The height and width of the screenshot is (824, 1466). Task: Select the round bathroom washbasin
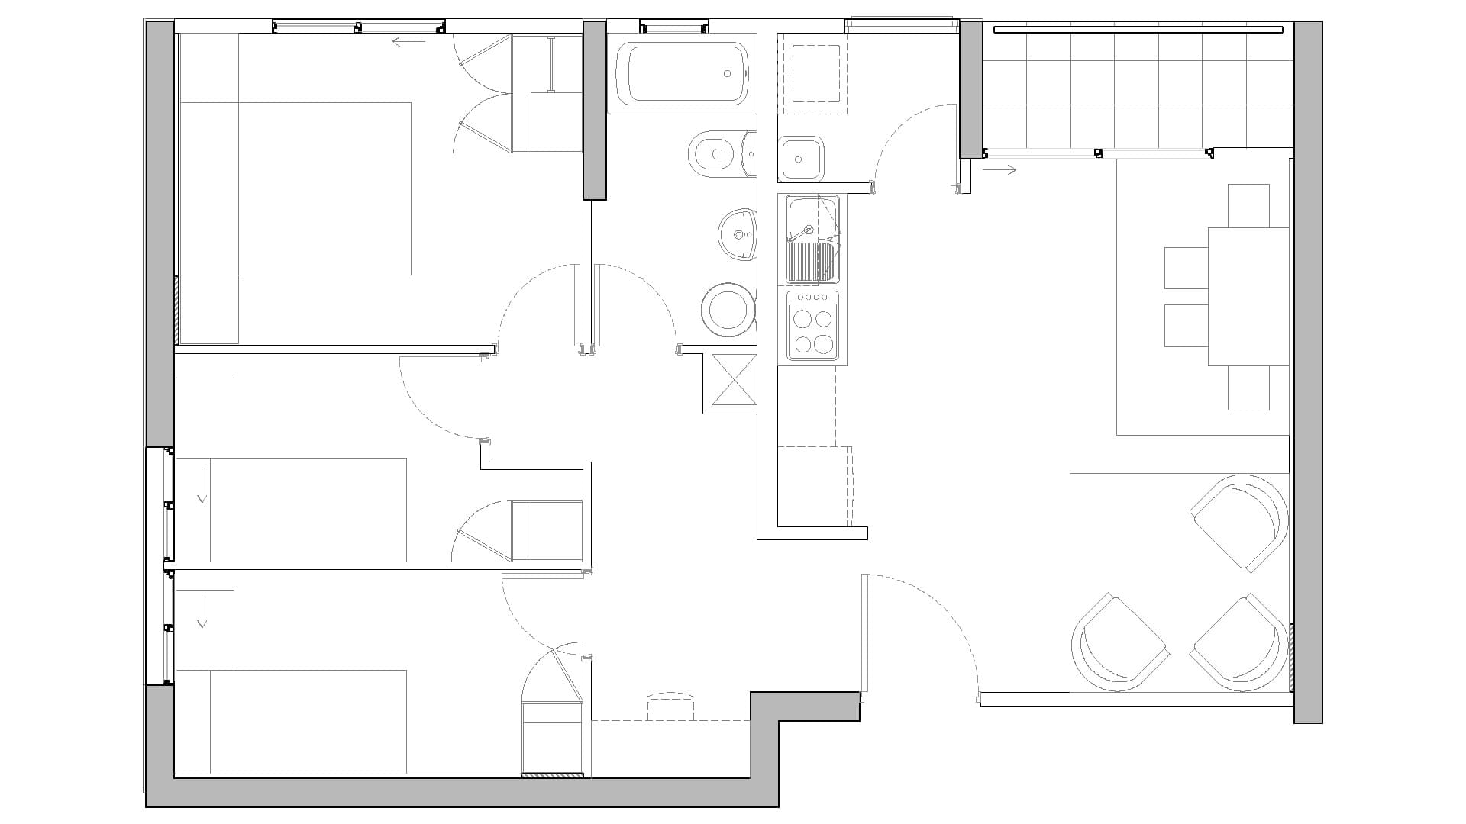pyautogui.click(x=738, y=233)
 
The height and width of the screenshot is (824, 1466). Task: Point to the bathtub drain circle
pyautogui.click(x=728, y=74)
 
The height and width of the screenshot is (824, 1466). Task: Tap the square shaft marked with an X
pyautogui.click(x=734, y=379)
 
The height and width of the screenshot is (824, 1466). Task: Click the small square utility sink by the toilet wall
pyautogui.click(x=801, y=159)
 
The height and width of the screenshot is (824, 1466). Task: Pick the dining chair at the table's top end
pyautogui.click(x=1248, y=204)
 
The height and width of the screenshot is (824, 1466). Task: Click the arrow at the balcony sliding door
pyautogui.click(x=999, y=170)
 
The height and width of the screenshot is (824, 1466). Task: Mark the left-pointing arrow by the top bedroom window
pyautogui.click(x=408, y=41)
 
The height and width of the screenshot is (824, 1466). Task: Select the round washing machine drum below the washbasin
pyautogui.click(x=728, y=310)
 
